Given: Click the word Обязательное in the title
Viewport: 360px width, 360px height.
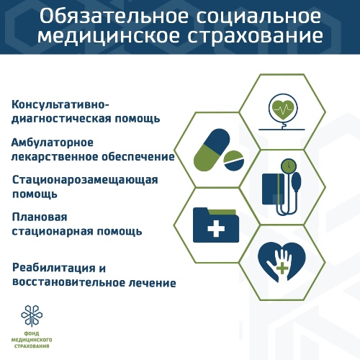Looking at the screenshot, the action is point(114,17).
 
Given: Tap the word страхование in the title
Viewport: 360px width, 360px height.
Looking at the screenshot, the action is point(256,36).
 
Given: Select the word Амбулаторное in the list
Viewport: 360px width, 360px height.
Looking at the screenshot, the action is point(53,143).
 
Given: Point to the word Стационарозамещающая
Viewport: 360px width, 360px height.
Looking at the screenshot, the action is point(85,181).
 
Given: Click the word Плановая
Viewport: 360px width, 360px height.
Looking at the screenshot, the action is point(40,217).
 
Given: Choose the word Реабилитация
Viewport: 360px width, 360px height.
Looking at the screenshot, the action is point(53,269).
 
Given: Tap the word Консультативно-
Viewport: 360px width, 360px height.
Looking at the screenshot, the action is point(60,105).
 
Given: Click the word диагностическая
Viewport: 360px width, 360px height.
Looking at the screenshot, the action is point(61,120).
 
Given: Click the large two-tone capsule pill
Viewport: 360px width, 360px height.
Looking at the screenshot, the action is point(212,150).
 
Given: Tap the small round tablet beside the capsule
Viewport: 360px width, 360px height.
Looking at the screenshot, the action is point(234,161).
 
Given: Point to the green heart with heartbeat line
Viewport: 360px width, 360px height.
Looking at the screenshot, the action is point(283,109).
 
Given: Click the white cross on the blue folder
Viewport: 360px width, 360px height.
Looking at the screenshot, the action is point(216,228).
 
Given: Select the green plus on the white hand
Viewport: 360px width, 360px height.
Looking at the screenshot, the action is point(282,268).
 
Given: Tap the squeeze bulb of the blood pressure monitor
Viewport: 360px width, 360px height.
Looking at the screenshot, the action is point(296,182).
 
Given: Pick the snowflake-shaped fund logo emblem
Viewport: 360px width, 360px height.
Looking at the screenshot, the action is point(32,315).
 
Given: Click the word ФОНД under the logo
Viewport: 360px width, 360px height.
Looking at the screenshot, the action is point(32,334).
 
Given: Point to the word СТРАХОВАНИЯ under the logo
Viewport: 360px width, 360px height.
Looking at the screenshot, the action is point(32,346).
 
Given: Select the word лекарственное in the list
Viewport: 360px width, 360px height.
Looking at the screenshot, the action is point(55,157).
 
